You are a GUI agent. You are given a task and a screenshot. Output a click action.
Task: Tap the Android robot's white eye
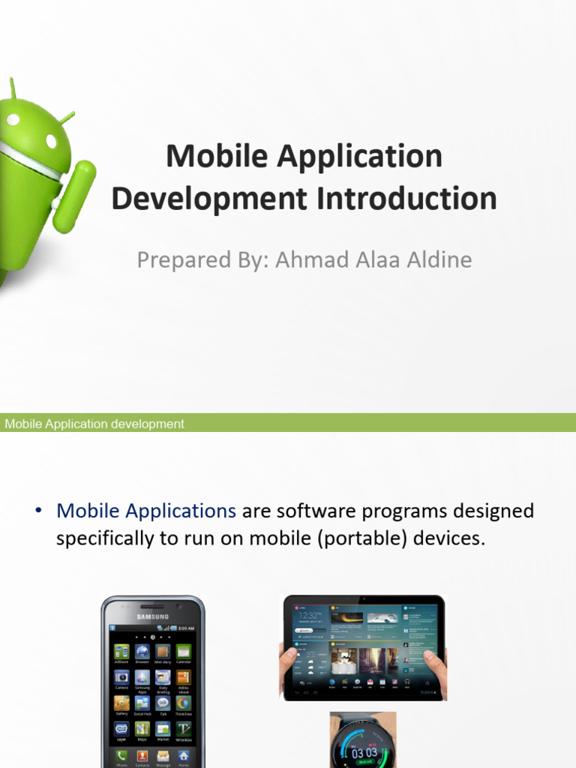coord(51,141)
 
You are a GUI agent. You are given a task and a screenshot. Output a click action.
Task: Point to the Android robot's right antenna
coord(67,118)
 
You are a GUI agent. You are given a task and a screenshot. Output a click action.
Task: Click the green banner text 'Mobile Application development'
coord(94,424)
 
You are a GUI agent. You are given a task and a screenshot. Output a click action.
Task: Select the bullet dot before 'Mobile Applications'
coord(38,511)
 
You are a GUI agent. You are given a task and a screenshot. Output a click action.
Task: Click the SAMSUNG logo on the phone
coord(152,617)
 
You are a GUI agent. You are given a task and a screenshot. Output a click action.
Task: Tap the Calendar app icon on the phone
coord(183,652)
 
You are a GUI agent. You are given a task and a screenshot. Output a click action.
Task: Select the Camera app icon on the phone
coord(121,677)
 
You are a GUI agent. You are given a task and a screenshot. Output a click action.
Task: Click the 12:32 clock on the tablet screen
coord(309,614)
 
